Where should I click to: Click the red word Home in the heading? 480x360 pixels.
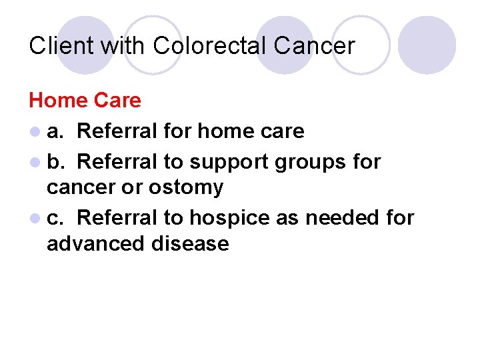pos(58,101)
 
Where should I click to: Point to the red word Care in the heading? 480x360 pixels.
pos(117,101)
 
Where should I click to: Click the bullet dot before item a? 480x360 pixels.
pos(34,132)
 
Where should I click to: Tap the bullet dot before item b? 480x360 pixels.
pos(34,162)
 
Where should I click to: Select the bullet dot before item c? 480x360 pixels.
pos(34,219)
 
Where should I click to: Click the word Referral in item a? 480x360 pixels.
pos(117,131)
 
